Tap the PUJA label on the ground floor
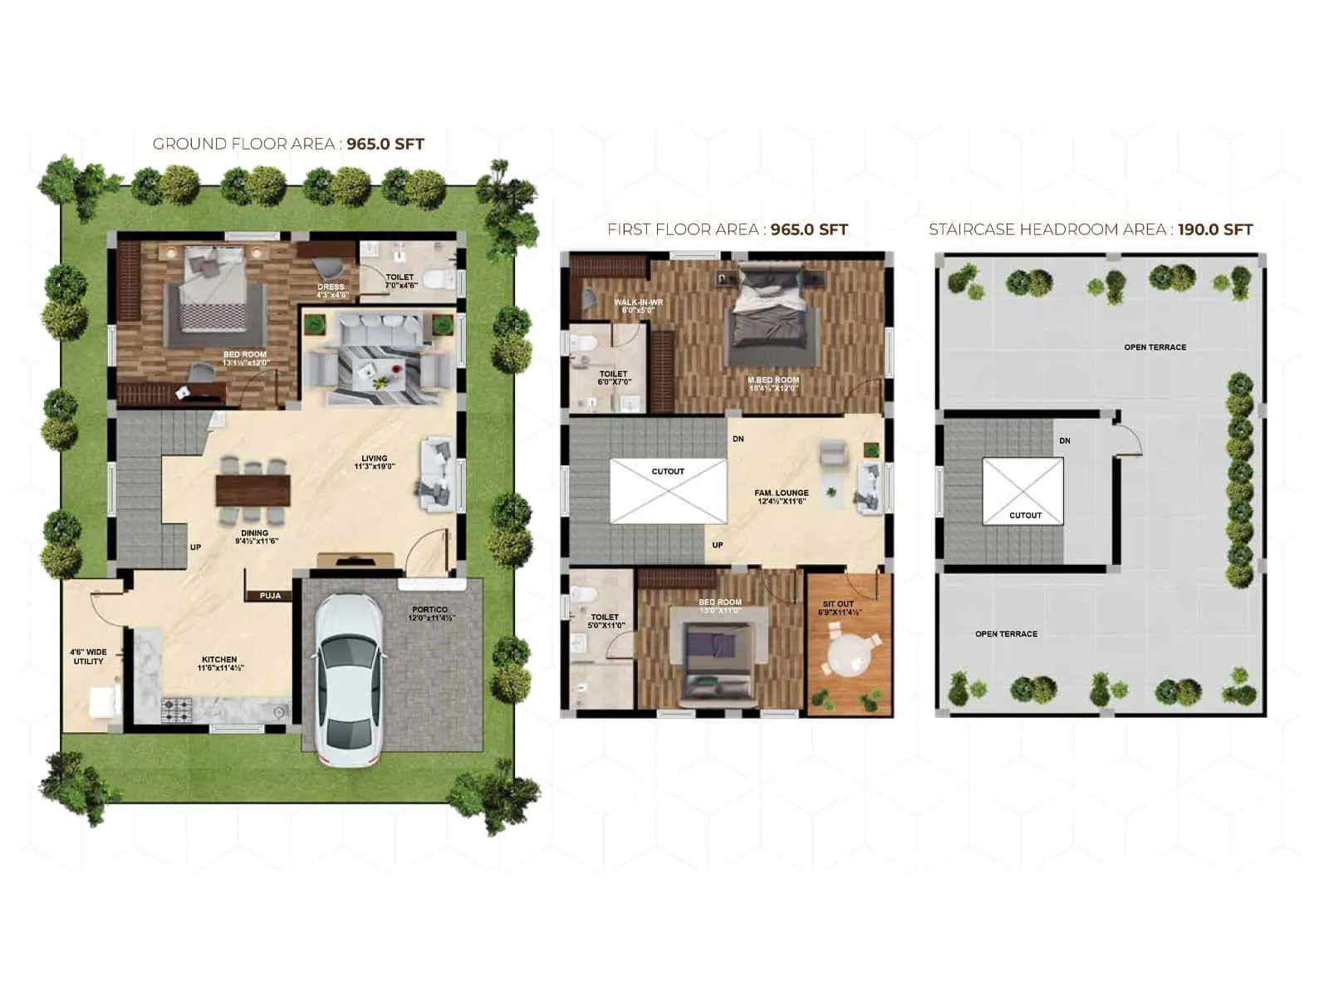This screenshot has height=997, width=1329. point(270,596)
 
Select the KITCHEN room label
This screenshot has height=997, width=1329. point(219,660)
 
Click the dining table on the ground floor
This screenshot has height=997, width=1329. point(253,490)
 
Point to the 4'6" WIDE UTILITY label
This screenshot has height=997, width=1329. point(88,656)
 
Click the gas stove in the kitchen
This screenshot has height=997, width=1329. point(175,709)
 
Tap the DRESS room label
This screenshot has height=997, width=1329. point(331,287)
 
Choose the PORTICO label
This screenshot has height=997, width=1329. point(429,610)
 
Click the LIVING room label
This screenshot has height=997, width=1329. point(374,459)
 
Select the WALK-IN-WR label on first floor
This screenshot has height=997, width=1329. point(638,302)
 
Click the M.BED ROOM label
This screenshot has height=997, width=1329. point(773,381)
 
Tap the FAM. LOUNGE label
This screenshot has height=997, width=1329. point(782,493)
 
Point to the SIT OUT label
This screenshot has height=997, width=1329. point(838,604)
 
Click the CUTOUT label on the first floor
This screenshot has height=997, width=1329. point(668,471)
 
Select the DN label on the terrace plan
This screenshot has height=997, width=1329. point(1065,440)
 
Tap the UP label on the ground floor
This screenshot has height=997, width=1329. point(195,547)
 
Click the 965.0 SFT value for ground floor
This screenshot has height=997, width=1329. point(385,144)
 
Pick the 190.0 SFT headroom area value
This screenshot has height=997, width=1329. point(1214,229)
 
